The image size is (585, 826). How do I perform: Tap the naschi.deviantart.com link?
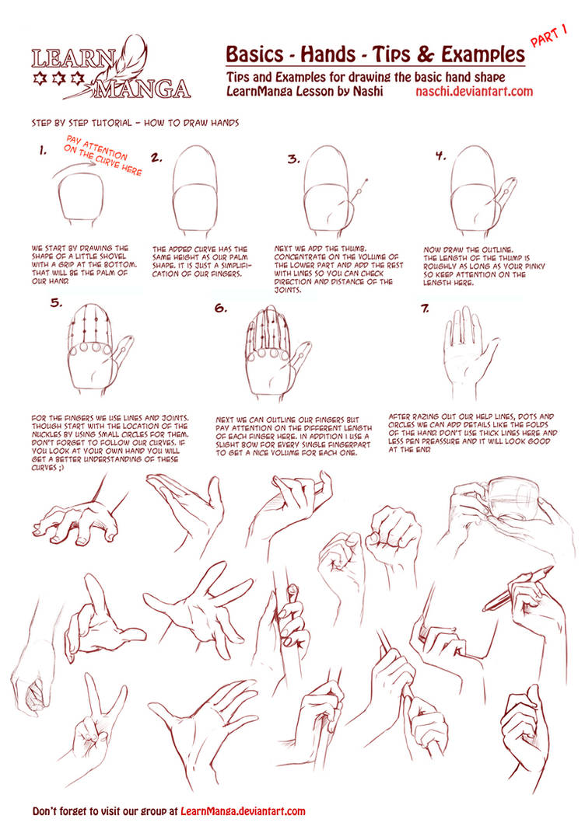click(x=475, y=91)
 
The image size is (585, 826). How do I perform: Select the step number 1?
click(x=43, y=152)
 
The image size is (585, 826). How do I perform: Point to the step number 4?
click(x=440, y=156)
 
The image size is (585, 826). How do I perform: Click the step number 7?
click(x=426, y=309)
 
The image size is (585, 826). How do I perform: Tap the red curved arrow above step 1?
click(x=74, y=169)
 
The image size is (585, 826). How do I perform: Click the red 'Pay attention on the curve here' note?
click(x=103, y=155)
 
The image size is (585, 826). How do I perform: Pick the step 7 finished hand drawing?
click(x=469, y=353)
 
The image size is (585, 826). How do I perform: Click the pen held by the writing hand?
click(x=518, y=588)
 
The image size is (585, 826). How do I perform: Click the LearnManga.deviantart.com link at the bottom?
click(x=243, y=811)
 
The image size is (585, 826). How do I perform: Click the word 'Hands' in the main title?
click(x=328, y=54)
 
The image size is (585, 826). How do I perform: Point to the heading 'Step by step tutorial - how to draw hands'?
click(x=135, y=123)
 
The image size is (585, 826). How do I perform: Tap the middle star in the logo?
click(x=59, y=78)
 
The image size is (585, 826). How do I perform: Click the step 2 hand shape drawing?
click(x=194, y=189)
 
